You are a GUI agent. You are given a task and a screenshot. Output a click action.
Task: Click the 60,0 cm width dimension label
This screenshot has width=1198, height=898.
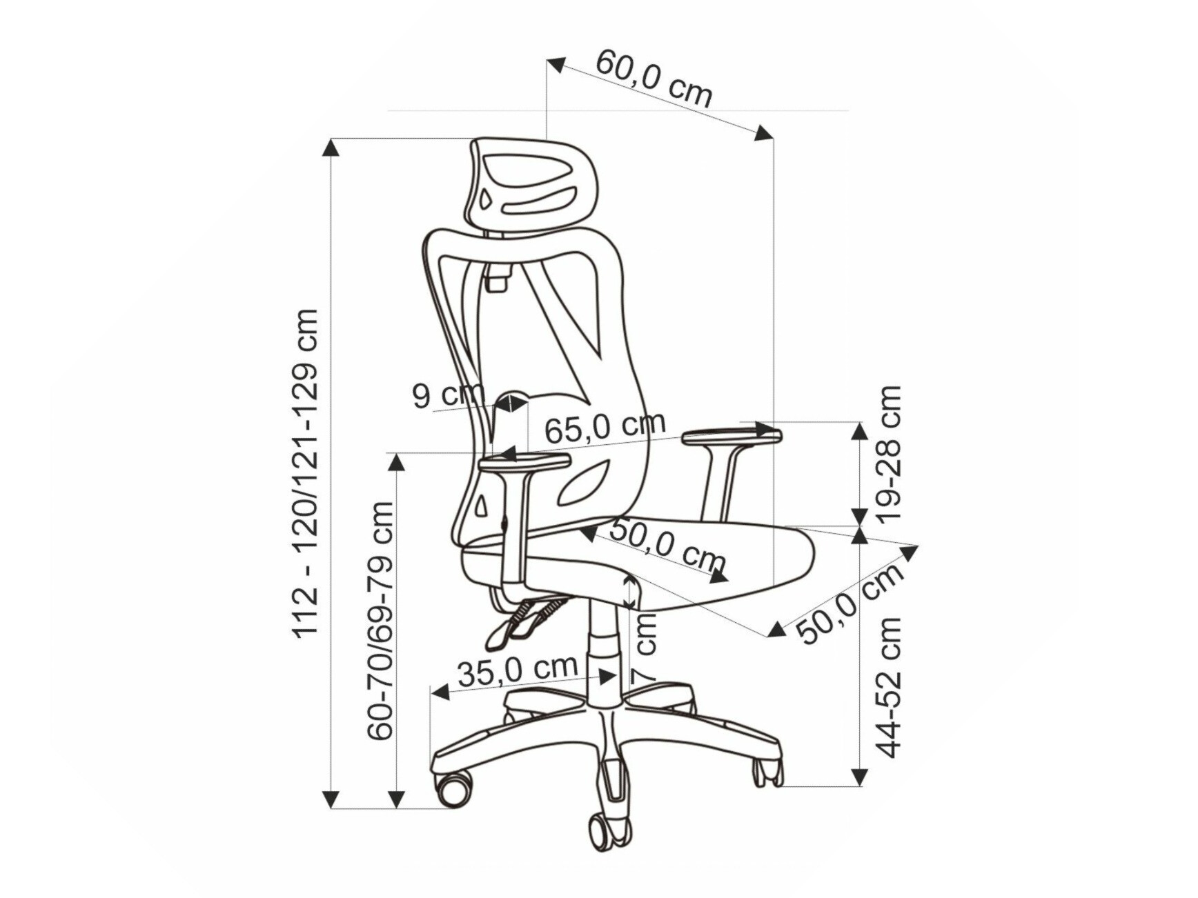point(654,77)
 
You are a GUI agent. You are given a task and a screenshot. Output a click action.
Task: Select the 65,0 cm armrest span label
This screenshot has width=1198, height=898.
point(605,428)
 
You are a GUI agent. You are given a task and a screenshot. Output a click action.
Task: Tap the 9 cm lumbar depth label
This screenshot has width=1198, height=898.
point(448,395)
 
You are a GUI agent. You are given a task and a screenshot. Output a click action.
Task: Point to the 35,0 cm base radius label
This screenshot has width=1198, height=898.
point(517,670)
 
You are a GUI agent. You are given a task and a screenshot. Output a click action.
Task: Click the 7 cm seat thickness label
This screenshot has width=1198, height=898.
point(645,648)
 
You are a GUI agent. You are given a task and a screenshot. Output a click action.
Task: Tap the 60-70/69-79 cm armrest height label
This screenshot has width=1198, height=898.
point(380,621)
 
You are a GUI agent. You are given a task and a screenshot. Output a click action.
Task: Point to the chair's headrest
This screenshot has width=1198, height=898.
point(530,183)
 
